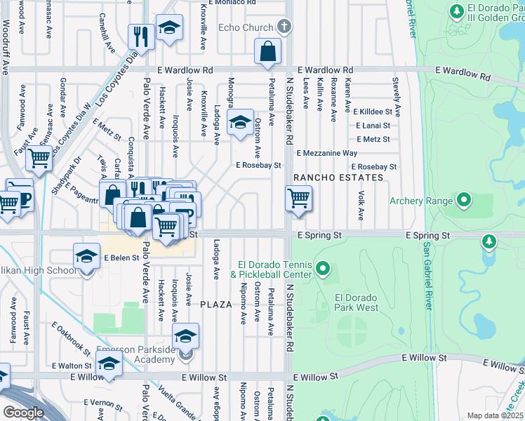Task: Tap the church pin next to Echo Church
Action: (284, 27)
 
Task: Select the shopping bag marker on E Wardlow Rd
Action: (267, 52)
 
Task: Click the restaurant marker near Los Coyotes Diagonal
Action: (142, 37)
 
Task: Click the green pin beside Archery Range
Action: (463, 201)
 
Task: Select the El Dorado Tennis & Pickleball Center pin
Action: (323, 267)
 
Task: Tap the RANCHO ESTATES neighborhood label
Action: (338, 178)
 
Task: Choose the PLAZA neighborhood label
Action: (215, 305)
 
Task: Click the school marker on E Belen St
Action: (86, 257)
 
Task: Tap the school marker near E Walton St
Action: (109, 364)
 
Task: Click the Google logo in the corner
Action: (22, 412)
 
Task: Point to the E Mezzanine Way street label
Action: (327, 153)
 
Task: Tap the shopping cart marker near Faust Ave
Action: (39, 159)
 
